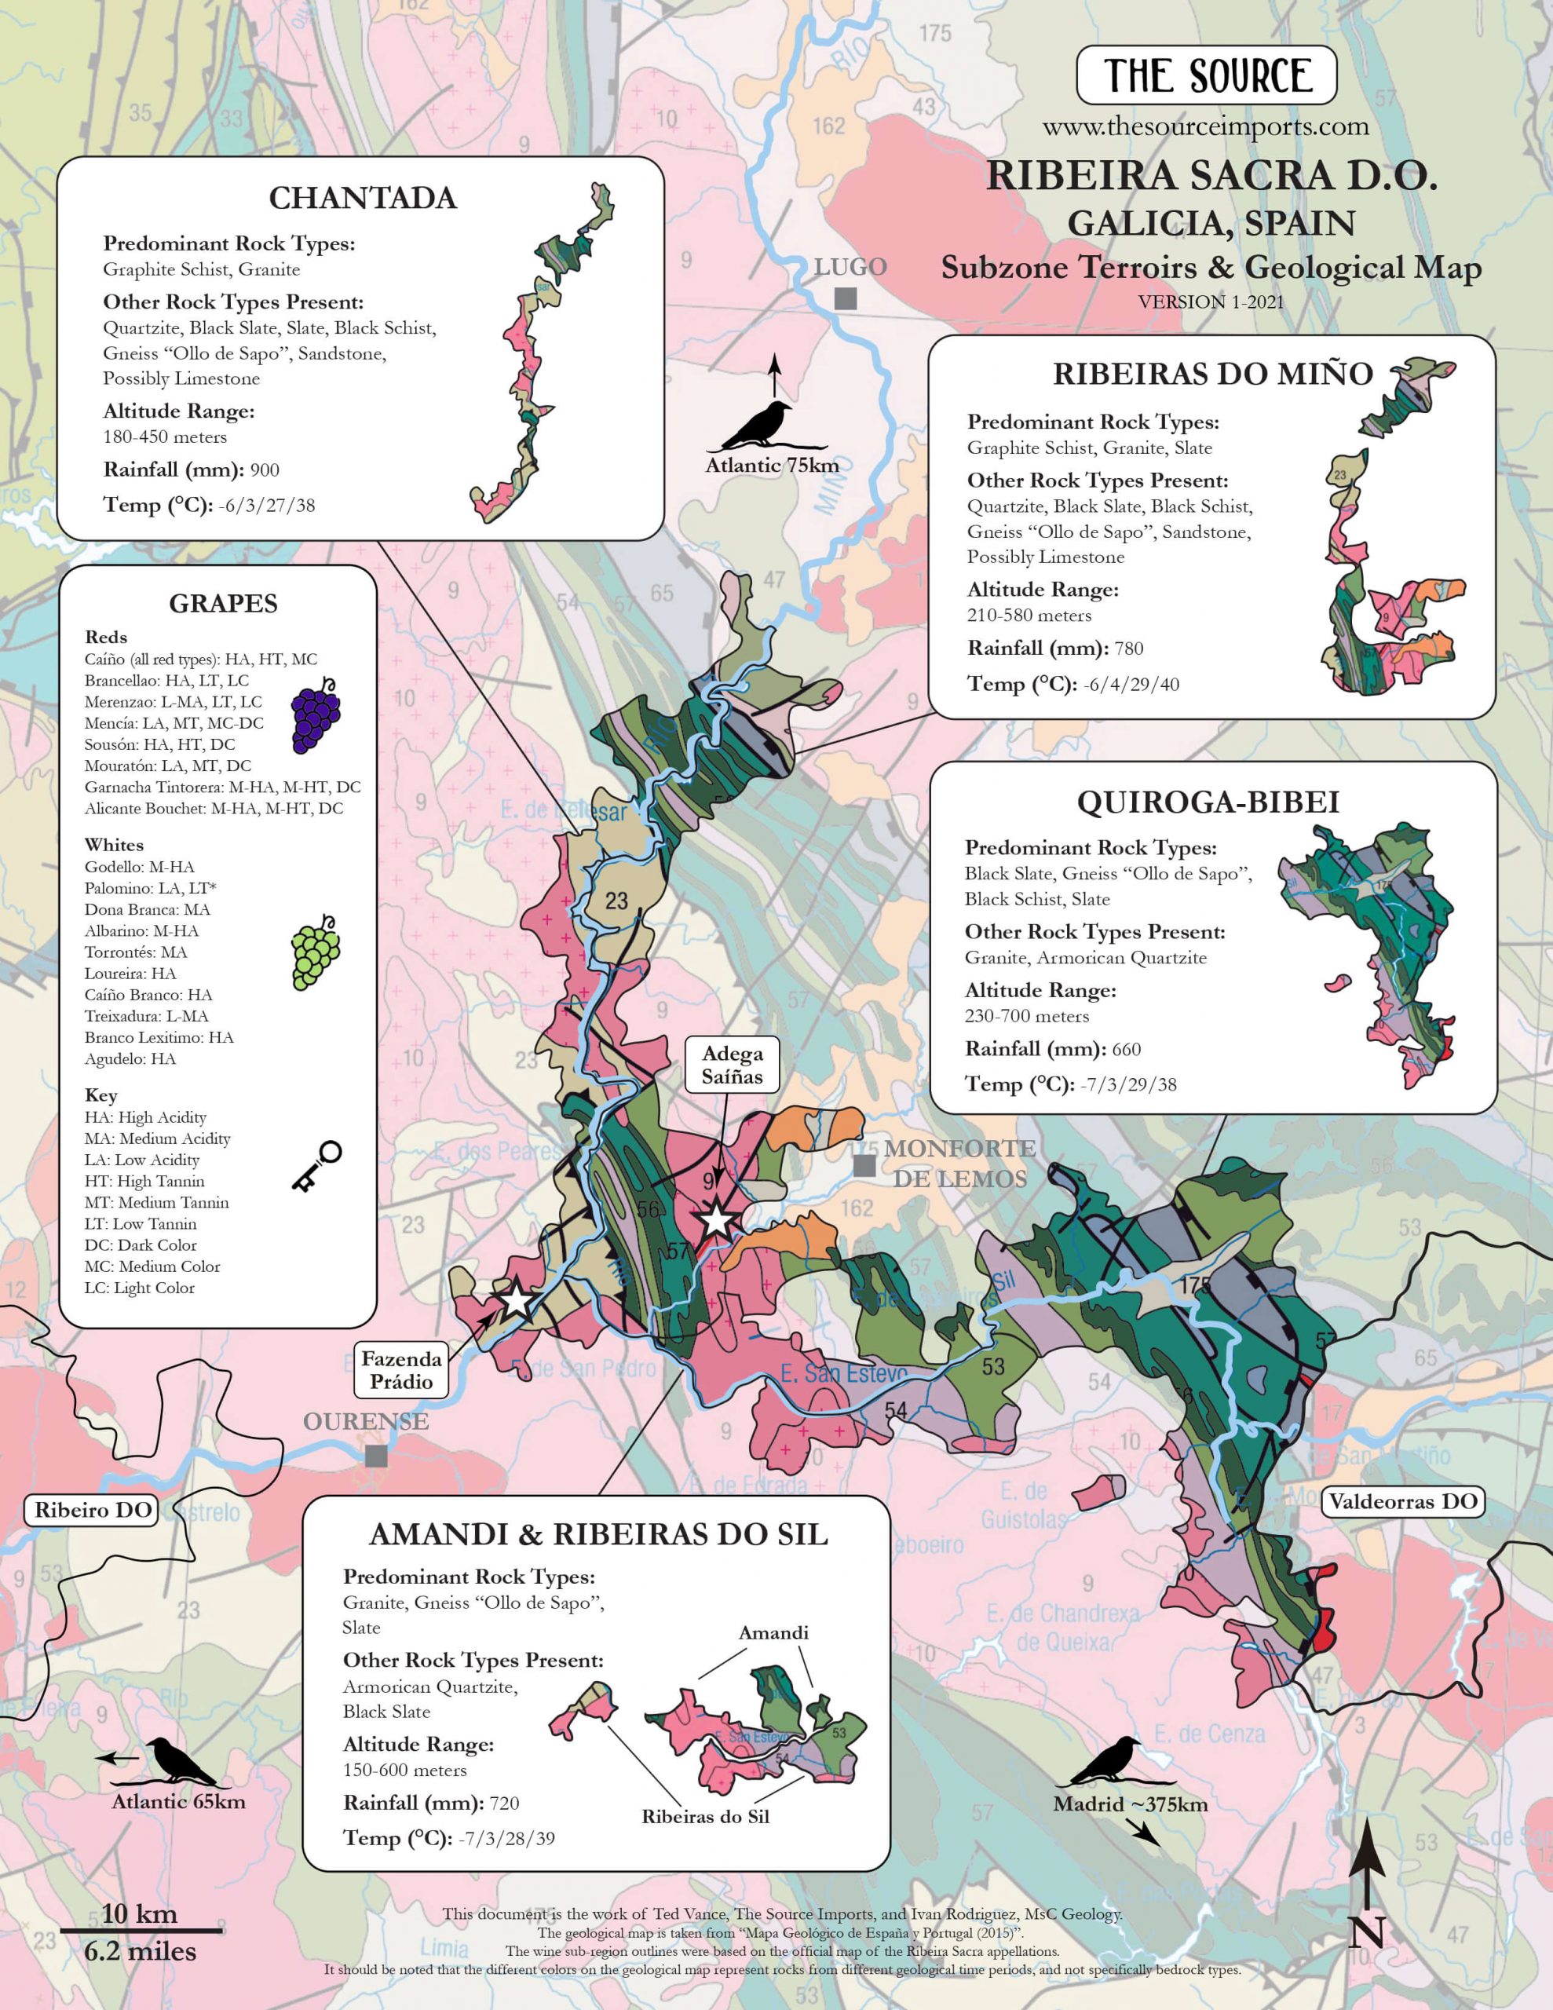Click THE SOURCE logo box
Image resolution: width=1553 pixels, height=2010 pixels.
point(1206,75)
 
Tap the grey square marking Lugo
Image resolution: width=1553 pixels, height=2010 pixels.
point(845,298)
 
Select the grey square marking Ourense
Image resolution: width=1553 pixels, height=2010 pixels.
point(375,1456)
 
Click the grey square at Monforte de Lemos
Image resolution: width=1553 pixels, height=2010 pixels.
point(864,1166)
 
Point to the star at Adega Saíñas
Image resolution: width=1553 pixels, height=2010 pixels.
point(716,1222)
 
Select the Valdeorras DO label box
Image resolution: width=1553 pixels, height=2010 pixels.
point(1402,1502)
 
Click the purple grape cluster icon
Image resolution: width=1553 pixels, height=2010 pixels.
point(316,715)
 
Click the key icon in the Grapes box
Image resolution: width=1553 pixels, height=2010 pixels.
point(316,1167)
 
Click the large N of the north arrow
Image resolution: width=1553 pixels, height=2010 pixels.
point(1366,1931)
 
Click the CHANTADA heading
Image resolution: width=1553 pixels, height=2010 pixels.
point(363,198)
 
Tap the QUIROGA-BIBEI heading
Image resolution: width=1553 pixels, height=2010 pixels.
point(1208,802)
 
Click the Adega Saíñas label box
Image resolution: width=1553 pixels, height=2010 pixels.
point(732,1065)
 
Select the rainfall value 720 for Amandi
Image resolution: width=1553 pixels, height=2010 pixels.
point(505,1803)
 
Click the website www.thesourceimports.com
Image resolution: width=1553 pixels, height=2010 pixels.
point(1206,126)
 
